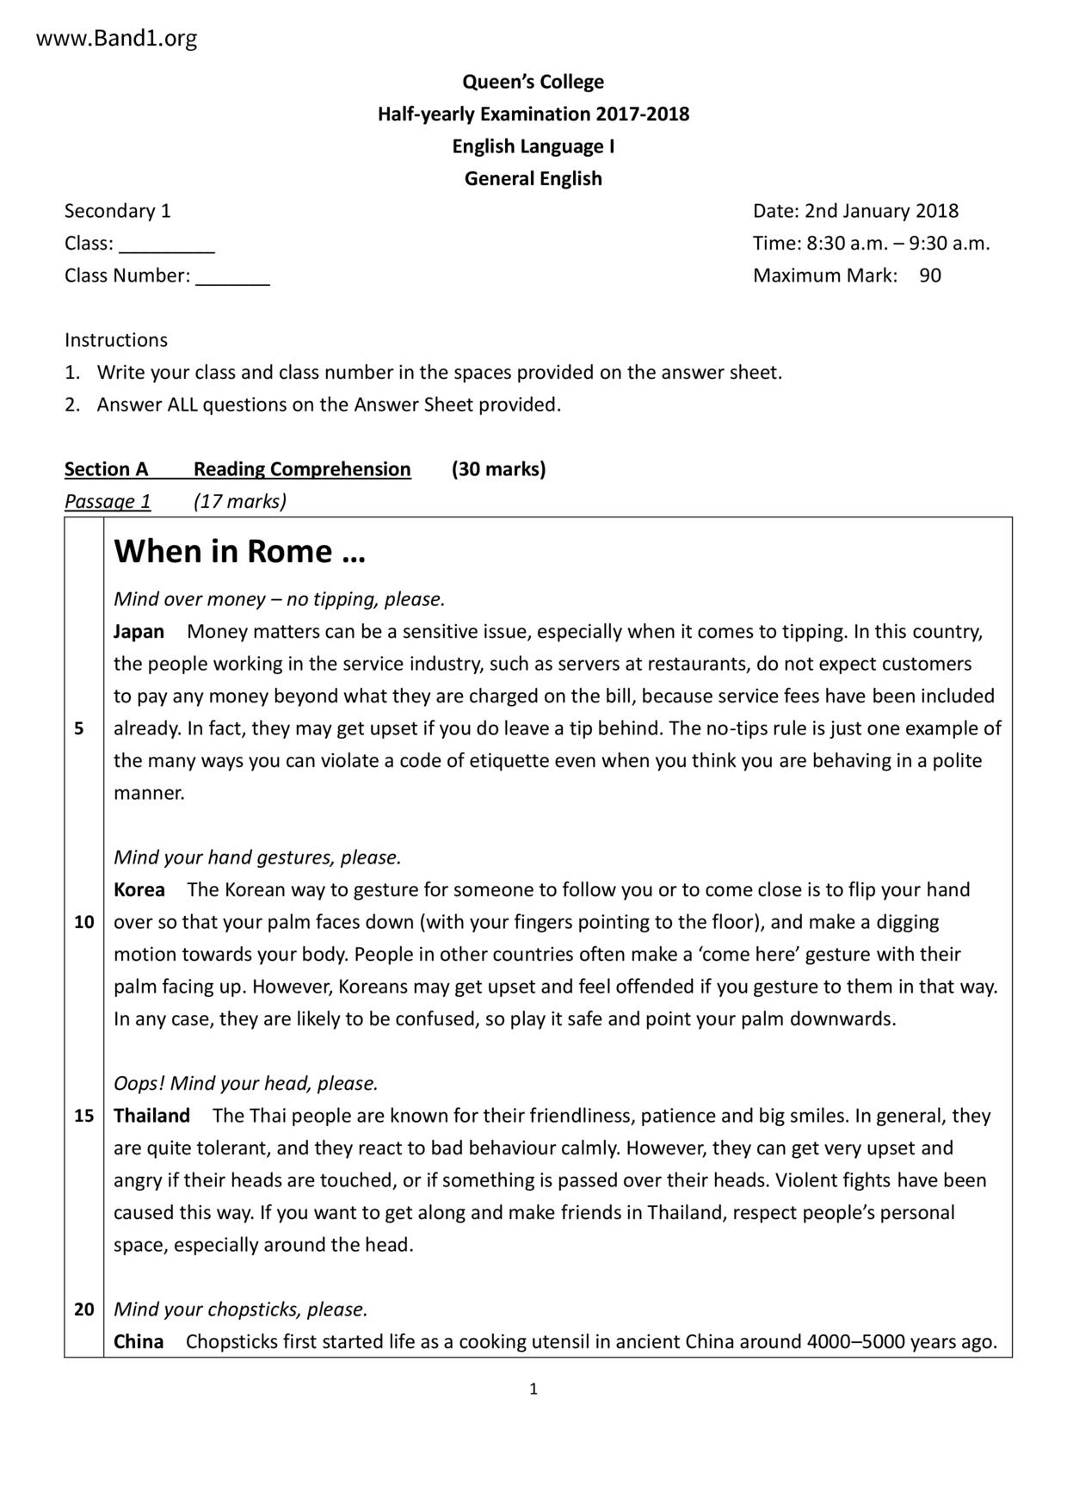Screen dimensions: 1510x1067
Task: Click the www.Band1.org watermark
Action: pos(116,39)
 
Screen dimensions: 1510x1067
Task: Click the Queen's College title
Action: pos(533,82)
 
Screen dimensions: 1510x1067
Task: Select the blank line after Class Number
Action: pos(232,277)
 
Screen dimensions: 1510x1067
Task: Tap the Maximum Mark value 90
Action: pos(929,275)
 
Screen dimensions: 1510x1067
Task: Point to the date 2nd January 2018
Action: pos(881,211)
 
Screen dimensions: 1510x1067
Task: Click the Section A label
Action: pos(106,469)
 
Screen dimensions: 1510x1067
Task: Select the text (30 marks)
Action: pos(498,469)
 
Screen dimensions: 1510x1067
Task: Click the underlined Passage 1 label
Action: pos(108,501)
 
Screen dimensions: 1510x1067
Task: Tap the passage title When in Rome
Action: pos(239,551)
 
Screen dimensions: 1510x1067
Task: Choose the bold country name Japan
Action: pos(139,631)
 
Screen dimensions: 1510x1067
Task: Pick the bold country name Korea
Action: pos(139,889)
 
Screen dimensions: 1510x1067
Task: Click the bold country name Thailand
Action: pos(151,1116)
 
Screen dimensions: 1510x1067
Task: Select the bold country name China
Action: pos(138,1341)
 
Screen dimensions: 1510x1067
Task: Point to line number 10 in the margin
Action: pos(83,922)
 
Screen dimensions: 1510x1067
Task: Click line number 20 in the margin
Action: pos(83,1309)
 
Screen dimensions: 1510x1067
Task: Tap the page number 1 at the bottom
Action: pos(533,1389)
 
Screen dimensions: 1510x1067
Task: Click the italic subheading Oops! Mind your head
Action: pos(245,1083)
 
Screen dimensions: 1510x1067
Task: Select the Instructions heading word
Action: pos(116,340)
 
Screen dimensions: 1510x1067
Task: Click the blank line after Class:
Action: pos(166,245)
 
